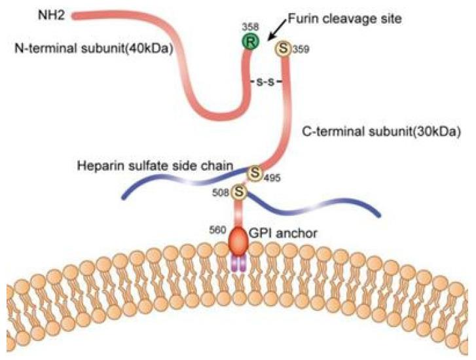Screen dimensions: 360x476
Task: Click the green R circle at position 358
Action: click(249, 45)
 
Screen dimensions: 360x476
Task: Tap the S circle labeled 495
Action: click(254, 175)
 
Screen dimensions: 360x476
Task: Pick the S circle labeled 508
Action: click(240, 192)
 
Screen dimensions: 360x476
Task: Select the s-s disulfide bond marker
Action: click(266, 83)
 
